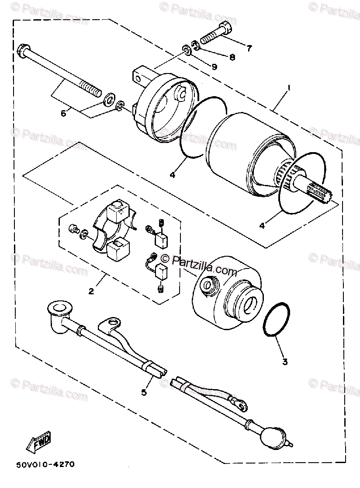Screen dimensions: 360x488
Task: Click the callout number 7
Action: click(249, 49)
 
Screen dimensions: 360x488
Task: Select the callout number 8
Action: click(231, 56)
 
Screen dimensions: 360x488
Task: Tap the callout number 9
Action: click(214, 66)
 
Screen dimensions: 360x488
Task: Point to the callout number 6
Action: click(64, 113)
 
